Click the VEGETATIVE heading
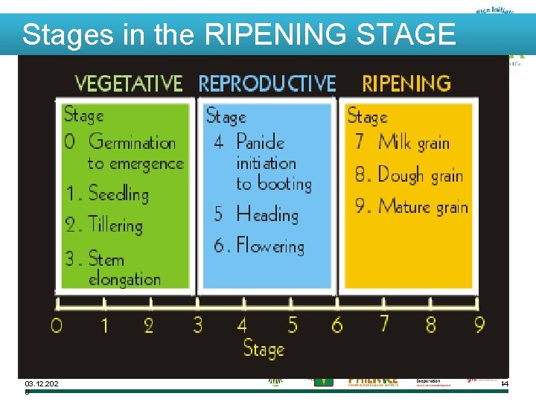click(129, 83)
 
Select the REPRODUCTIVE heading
click(267, 83)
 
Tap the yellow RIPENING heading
click(406, 83)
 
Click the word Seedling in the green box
click(118, 194)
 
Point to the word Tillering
click(115, 224)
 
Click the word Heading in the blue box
click(267, 214)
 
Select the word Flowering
click(270, 246)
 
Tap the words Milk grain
click(413, 141)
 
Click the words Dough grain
click(420, 175)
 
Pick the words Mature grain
click(422, 206)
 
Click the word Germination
click(132, 141)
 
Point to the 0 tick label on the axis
click(57, 325)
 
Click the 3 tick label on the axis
click(197, 325)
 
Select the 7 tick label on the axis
click(384, 324)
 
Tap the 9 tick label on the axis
click(479, 325)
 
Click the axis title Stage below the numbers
click(264, 348)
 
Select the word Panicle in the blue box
click(261, 141)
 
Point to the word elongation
click(124, 279)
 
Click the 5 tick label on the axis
click(292, 325)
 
